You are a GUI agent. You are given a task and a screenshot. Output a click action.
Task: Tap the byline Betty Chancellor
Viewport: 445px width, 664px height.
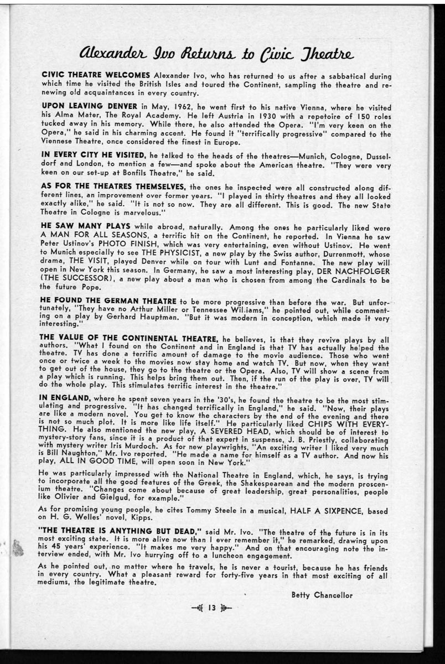(x=322, y=595)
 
